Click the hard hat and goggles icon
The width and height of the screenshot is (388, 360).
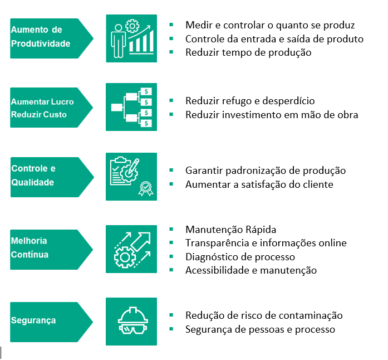click(x=131, y=322)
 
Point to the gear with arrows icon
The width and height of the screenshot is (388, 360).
click(x=131, y=249)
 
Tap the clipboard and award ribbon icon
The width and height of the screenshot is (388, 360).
click(x=131, y=177)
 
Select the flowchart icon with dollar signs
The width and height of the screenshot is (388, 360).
click(x=131, y=107)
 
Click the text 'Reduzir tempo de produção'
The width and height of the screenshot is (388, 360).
click(x=248, y=52)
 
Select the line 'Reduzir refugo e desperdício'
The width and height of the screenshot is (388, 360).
click(x=250, y=101)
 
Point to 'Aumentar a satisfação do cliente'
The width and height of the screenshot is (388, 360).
click(x=259, y=184)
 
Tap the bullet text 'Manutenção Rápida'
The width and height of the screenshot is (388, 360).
click(x=230, y=230)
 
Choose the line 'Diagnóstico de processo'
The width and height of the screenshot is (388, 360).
click(x=240, y=257)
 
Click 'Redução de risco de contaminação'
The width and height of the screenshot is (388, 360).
click(x=264, y=315)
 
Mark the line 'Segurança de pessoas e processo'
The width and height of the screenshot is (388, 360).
click(x=260, y=329)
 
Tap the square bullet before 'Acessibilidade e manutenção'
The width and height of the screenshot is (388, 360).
click(x=171, y=270)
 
